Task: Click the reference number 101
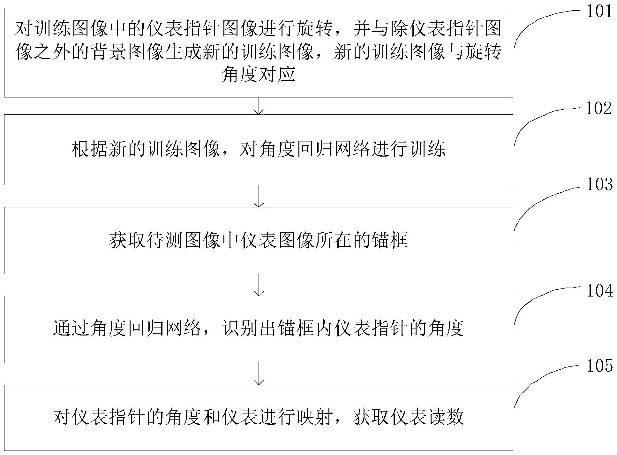tap(599, 12)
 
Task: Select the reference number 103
tap(599, 184)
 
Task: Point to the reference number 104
tap(599, 291)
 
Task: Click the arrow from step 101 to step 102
tap(259, 106)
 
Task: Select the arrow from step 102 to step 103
tap(259, 196)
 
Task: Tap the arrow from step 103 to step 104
tap(259, 285)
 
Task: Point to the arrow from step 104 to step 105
tap(259, 374)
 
